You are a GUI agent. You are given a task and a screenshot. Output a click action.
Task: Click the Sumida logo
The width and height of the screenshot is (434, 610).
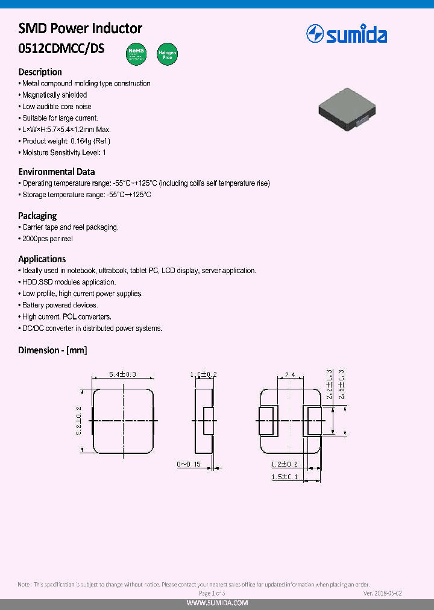click(347, 34)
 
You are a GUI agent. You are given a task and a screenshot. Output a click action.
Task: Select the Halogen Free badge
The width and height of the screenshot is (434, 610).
click(167, 54)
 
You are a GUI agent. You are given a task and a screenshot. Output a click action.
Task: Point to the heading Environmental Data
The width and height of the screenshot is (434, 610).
click(57, 172)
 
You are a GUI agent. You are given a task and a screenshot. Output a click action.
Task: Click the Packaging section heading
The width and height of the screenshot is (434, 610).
click(37, 215)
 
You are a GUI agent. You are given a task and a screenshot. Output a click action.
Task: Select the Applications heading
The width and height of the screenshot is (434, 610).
click(42, 259)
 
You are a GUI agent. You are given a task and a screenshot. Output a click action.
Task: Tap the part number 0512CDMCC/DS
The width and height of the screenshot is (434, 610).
click(61, 49)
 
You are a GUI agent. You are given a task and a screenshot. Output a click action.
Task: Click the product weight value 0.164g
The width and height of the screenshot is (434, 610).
click(80, 141)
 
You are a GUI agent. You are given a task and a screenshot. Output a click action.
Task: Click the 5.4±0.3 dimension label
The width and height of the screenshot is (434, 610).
click(123, 374)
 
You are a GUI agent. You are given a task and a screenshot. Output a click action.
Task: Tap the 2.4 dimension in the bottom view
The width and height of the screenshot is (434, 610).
click(290, 374)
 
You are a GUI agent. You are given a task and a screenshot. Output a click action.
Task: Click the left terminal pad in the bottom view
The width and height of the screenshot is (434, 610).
click(266, 421)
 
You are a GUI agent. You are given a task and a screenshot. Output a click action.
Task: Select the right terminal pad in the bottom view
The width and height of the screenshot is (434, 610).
click(314, 421)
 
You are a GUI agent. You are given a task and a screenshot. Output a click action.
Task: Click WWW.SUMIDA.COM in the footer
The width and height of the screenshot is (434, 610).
click(216, 603)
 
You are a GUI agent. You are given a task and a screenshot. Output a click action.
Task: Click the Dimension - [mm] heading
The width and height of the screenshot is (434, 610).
click(53, 350)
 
